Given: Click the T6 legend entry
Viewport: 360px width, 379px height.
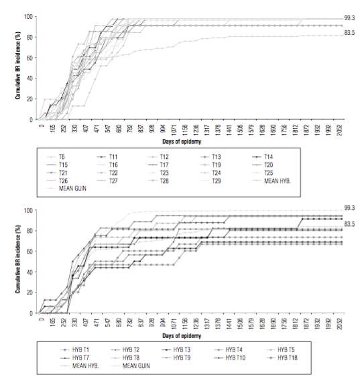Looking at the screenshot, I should [62, 156].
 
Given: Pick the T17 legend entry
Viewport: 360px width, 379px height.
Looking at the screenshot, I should [166, 164].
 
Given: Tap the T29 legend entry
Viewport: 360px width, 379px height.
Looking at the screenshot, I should [217, 180].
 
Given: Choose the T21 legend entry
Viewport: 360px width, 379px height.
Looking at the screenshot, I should [63, 172].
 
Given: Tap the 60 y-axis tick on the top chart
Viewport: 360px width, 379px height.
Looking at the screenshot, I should [29, 58].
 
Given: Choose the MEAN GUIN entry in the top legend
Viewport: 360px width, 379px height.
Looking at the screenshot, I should [68, 188].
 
